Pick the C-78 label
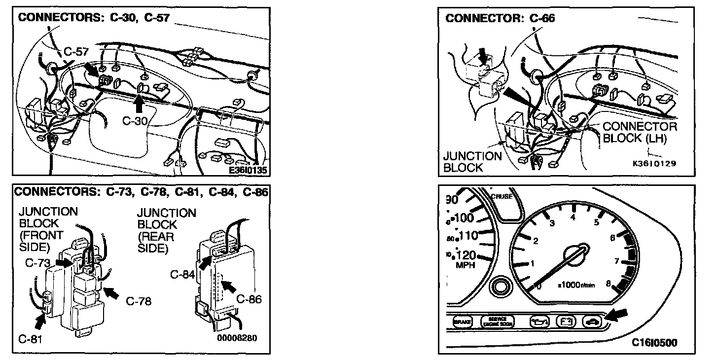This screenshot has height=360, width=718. [139, 301]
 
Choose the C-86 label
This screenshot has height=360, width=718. [249, 299]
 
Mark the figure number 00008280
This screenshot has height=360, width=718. [237, 338]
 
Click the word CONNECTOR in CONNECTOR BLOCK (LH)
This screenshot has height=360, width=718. [640, 127]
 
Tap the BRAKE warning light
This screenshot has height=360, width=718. [462, 322]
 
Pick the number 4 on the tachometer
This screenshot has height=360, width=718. [573, 217]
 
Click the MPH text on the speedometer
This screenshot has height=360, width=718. [466, 265]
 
